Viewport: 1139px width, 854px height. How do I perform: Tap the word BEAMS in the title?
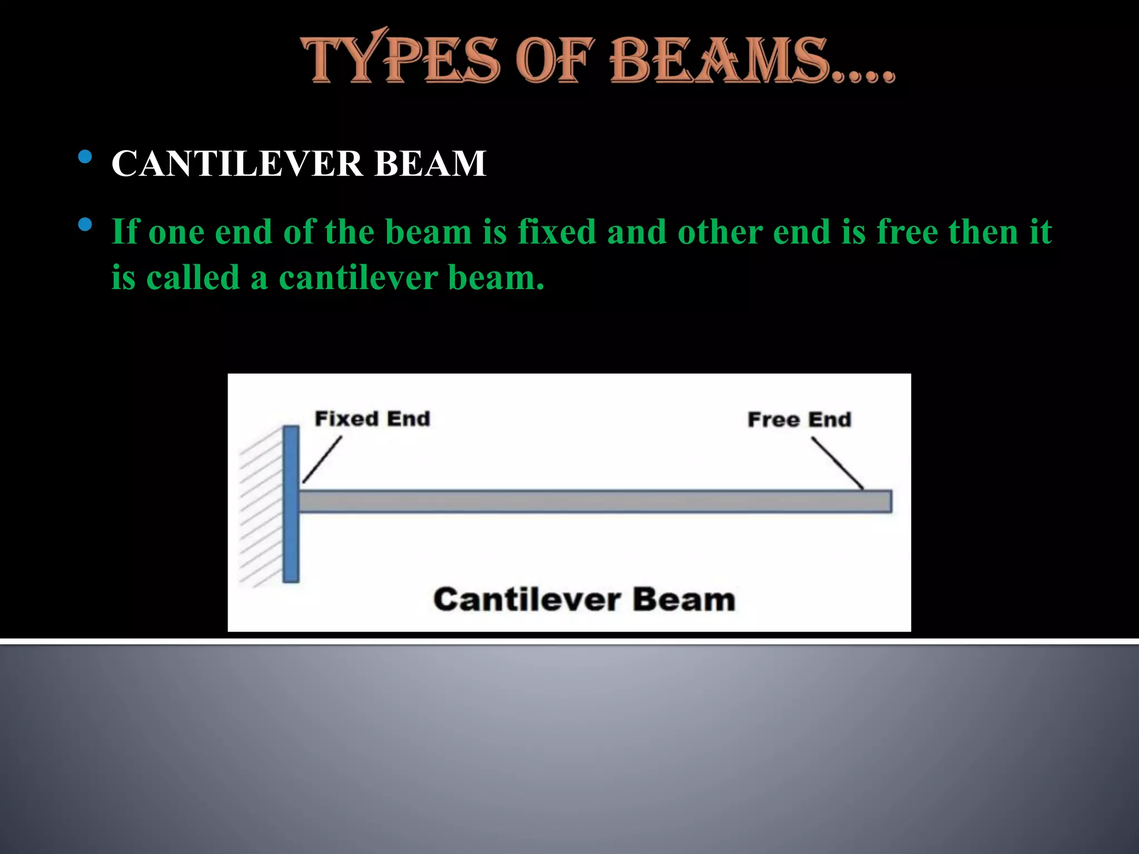[723, 60]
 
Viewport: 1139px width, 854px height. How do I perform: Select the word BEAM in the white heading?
[430, 163]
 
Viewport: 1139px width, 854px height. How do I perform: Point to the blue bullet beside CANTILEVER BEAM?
[85, 157]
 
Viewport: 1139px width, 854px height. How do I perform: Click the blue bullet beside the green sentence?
[85, 225]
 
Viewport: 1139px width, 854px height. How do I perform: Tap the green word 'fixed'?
[557, 231]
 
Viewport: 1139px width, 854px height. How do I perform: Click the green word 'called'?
[193, 277]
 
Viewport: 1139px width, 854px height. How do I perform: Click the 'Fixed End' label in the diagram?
[373, 419]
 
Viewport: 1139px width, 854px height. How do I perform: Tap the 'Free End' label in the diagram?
[799, 420]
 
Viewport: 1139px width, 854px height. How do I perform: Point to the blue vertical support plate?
[291, 504]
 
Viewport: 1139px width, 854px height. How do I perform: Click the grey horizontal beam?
[595, 501]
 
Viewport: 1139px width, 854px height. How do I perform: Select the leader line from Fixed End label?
[322, 459]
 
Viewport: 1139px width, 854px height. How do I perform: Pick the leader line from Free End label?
[837, 463]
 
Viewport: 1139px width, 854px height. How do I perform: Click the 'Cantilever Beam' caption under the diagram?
[584, 599]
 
